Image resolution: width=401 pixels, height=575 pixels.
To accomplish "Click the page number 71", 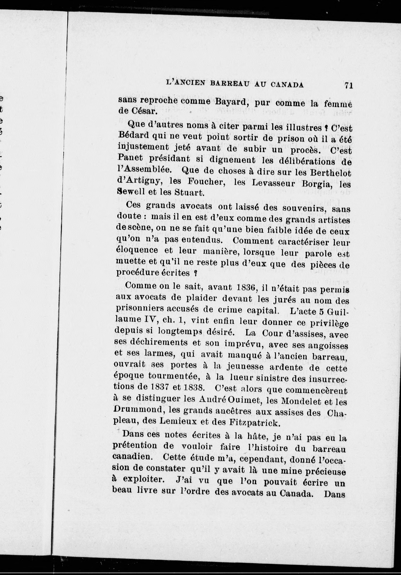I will (348, 85).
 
